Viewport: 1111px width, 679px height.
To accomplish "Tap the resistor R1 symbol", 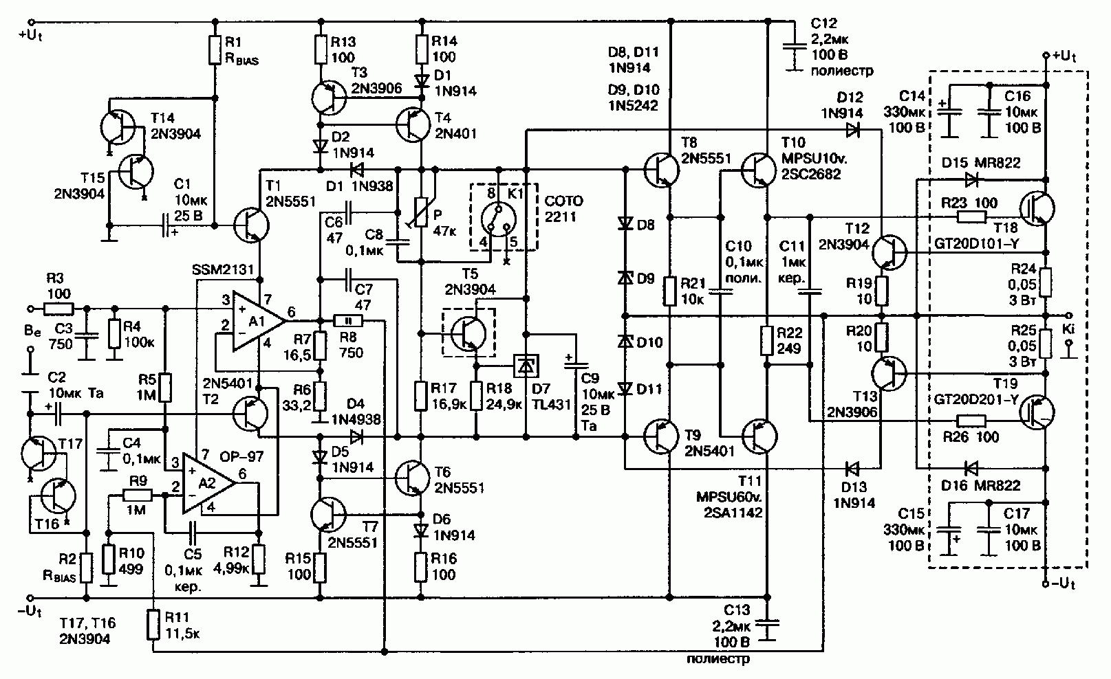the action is (215, 49).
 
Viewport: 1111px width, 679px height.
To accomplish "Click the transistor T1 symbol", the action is (252, 225).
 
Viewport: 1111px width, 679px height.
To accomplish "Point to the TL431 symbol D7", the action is (526, 366).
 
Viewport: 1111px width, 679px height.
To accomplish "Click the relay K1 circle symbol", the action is (499, 219).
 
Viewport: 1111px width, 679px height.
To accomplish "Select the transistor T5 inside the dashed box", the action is (468, 333).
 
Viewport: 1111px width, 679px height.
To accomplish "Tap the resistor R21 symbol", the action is (670, 291).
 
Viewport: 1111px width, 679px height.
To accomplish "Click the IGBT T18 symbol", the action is (1037, 208).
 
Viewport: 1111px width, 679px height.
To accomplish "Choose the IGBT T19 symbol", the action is (1037, 412).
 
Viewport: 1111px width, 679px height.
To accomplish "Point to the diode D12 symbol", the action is (853, 131).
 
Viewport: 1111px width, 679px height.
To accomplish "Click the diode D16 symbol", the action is (971, 467).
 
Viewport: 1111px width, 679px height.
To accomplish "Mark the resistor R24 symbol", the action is (1046, 282).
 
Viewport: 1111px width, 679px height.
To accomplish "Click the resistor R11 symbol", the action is (153, 625).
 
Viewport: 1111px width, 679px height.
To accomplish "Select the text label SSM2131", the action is (223, 269).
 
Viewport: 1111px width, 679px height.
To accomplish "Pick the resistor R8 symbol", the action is (348, 321).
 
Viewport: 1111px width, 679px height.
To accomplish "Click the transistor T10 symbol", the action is (759, 170).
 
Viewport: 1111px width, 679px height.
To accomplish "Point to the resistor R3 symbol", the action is (59, 309).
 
